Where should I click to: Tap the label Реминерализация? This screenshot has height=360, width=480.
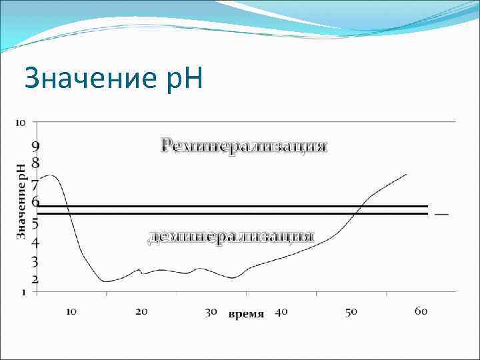[x=244, y=145]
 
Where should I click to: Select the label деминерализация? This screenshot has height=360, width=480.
[x=231, y=237]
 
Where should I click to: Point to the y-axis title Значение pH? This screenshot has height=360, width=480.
[x=21, y=201]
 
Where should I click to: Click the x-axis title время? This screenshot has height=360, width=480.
[x=247, y=313]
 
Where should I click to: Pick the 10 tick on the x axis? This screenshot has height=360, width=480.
[x=72, y=311]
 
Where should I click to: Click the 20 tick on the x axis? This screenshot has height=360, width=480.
[x=141, y=311]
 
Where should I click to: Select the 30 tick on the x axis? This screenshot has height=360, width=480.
[x=211, y=311]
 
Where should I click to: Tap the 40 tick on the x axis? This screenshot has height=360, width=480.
[x=281, y=311]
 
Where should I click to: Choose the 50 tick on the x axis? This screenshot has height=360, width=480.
[x=351, y=311]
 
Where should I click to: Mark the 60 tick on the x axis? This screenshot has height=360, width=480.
[x=421, y=311]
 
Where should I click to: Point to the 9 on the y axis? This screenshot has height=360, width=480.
[x=35, y=145]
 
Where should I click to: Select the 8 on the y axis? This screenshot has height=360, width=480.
[x=35, y=162]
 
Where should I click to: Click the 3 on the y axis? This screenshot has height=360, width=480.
[x=35, y=261]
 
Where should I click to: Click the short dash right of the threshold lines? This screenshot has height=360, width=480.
[x=441, y=214]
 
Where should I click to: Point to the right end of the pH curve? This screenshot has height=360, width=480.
[x=406, y=175]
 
